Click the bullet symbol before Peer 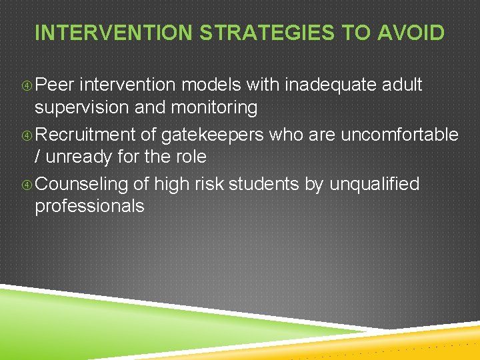point(27,85)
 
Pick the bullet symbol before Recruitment point(27,135)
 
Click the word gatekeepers point(213,135)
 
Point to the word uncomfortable point(399,135)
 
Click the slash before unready point(38,157)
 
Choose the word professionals point(89,206)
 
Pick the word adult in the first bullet point(401,85)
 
